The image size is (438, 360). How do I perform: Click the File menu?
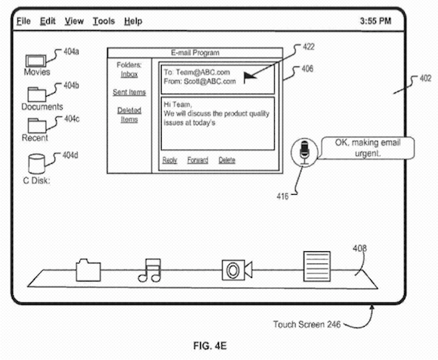[x=23, y=21]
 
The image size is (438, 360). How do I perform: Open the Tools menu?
[x=103, y=21]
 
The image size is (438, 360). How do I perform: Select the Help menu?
[x=133, y=21]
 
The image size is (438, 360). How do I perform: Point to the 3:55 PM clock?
[x=375, y=21]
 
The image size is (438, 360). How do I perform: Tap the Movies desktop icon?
[x=35, y=60]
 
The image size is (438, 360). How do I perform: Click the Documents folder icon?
[x=36, y=94]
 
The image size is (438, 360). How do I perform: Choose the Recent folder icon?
[x=37, y=125]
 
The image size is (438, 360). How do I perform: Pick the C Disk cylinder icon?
[x=36, y=164]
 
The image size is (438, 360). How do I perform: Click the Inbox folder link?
[x=129, y=74]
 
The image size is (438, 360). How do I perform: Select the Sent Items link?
[x=129, y=92]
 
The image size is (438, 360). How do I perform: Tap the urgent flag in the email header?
[x=250, y=77]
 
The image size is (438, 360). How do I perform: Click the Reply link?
[x=170, y=160]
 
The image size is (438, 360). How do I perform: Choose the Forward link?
[x=198, y=160]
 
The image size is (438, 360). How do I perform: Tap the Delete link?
[x=227, y=160]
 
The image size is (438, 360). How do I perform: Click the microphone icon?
[x=304, y=152]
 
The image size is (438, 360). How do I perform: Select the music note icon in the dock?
[x=150, y=270]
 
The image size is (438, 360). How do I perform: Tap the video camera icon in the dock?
[x=237, y=270]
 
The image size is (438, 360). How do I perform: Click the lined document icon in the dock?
[x=316, y=266]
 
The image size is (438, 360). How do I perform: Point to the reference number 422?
[x=309, y=47]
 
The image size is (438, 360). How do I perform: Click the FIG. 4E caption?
[x=210, y=346]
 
